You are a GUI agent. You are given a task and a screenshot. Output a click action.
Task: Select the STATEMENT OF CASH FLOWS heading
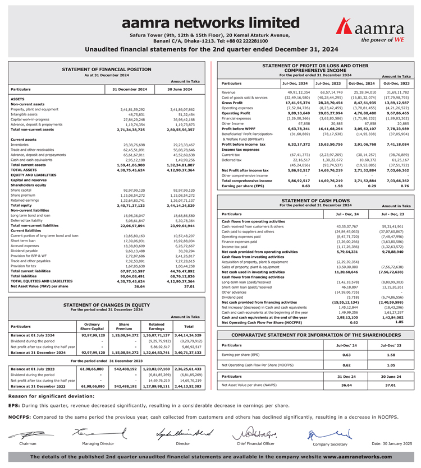click(314, 200)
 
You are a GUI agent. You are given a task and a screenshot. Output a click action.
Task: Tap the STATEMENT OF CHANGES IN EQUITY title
click(106, 305)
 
